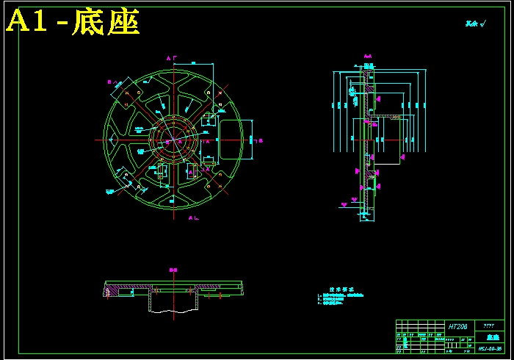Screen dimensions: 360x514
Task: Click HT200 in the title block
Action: click(457, 325)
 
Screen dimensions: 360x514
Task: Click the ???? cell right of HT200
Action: click(488, 325)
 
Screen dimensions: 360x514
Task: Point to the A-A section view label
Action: click(368, 56)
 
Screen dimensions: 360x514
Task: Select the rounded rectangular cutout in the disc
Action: click(229, 139)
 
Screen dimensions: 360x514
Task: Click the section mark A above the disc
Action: click(168, 57)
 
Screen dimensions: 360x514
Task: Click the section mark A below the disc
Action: click(191, 218)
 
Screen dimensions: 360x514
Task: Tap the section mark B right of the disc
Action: click(261, 140)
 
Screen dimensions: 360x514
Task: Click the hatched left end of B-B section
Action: click(112, 292)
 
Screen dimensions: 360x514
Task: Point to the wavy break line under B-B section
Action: click(174, 311)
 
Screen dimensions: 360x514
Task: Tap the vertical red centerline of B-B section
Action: click(174, 294)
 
